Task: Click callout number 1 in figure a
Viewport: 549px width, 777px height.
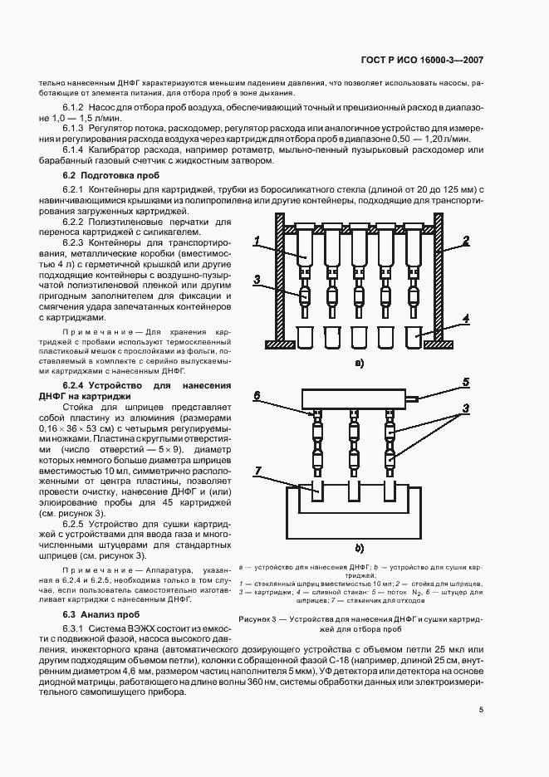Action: (x=259, y=243)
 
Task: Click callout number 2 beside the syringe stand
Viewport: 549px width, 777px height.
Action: (x=468, y=240)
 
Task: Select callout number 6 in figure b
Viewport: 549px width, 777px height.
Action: (x=259, y=397)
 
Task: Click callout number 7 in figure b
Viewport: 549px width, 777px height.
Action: (x=259, y=472)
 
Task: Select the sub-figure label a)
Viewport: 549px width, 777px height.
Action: (x=359, y=363)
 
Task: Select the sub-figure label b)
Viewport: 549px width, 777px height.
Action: (x=360, y=549)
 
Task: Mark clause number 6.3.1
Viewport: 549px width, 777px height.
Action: (x=76, y=627)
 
